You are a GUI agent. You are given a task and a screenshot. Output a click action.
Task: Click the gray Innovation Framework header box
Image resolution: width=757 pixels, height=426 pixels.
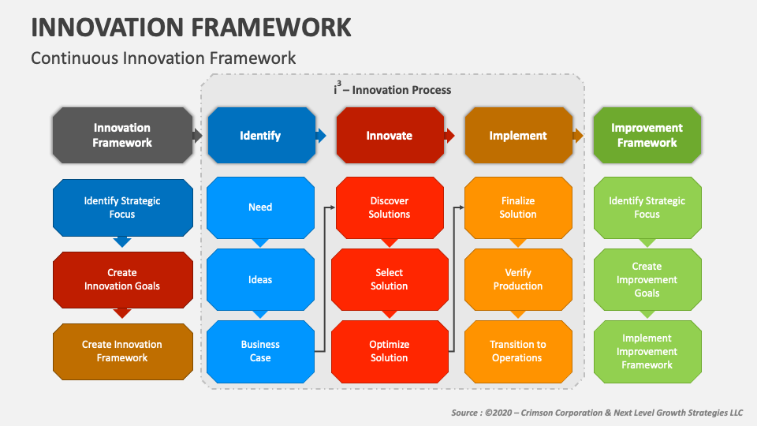point(123,135)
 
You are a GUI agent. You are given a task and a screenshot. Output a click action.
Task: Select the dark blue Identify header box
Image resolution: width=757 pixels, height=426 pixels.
point(261,135)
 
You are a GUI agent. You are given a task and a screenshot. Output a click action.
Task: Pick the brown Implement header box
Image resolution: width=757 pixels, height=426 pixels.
point(519,135)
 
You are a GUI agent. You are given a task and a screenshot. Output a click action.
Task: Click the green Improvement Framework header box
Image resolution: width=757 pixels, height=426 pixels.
point(647,135)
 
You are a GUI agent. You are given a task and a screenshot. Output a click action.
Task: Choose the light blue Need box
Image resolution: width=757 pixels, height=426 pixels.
point(261,207)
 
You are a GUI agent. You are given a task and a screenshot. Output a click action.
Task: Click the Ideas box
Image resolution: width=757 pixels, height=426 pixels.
point(261,279)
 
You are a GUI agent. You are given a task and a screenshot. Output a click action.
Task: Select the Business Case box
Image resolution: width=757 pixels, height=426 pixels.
point(261,352)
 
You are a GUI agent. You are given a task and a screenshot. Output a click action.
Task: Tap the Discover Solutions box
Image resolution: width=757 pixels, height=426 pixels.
point(390,207)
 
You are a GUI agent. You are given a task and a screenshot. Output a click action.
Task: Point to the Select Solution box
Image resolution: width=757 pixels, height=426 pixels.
point(390,279)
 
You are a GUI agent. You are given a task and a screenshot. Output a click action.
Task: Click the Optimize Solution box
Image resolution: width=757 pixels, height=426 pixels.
point(390,352)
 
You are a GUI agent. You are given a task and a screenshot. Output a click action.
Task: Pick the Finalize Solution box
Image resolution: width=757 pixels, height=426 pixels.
point(519,207)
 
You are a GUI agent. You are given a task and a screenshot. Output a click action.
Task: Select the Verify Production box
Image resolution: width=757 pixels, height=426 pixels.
point(519,279)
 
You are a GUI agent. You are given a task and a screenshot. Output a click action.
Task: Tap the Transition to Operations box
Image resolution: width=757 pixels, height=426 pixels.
point(519,352)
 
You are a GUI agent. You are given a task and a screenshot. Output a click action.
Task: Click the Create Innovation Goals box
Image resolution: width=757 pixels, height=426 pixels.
point(123,279)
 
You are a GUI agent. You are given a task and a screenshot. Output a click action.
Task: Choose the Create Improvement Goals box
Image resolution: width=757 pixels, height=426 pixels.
point(647,279)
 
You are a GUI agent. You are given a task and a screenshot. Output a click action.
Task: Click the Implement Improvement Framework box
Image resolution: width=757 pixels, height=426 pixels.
point(647,352)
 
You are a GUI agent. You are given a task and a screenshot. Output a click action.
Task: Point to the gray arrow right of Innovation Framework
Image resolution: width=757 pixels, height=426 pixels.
point(197,135)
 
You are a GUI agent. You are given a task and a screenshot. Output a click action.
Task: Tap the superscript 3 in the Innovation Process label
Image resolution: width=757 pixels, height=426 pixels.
point(339,84)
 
